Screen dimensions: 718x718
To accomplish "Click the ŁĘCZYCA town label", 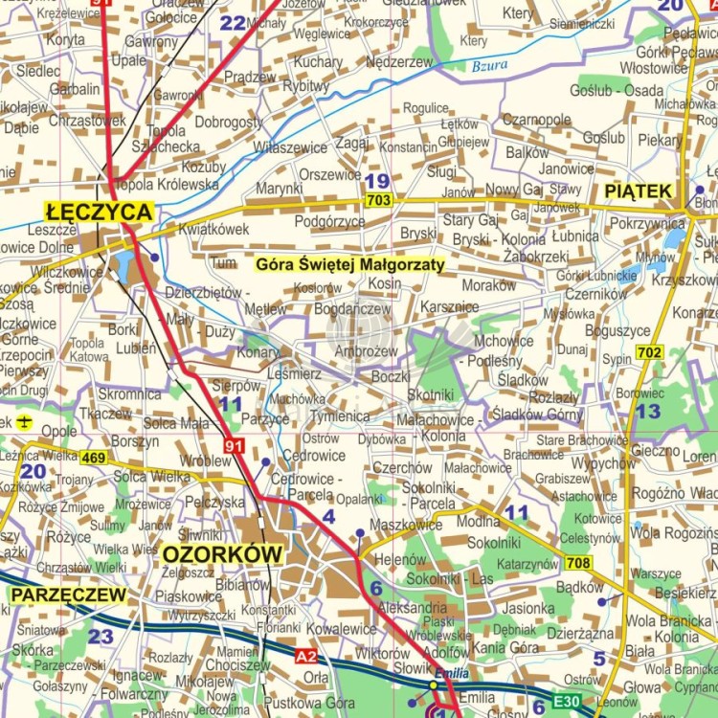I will coord(99,212).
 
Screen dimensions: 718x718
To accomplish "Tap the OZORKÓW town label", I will coord(222,554).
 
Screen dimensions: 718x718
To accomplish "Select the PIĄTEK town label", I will coord(639,191).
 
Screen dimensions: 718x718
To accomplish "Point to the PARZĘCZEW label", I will coord(68,595).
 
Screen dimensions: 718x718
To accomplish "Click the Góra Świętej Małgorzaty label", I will coord(351,264).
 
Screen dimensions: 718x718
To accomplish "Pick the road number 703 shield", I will coord(378,200).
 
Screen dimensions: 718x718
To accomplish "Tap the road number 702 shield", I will coord(648,352).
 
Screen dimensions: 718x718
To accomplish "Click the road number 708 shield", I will coord(577,563).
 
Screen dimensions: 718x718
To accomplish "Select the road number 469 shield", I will coord(93,458).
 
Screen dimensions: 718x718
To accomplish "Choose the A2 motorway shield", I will coord(306,656).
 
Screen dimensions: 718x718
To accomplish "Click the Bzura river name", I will coord(489,66).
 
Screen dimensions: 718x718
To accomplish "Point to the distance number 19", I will coord(377,180).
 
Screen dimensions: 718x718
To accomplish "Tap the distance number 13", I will coord(648,411).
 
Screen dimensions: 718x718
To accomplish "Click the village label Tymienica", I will coord(340,415).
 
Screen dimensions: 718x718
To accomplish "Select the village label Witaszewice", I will coord(290,147).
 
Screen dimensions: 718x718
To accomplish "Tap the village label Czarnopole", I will coord(536,120).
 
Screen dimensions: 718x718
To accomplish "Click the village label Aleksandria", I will coord(413,607).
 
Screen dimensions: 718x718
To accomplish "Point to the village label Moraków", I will coord(488,285).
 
